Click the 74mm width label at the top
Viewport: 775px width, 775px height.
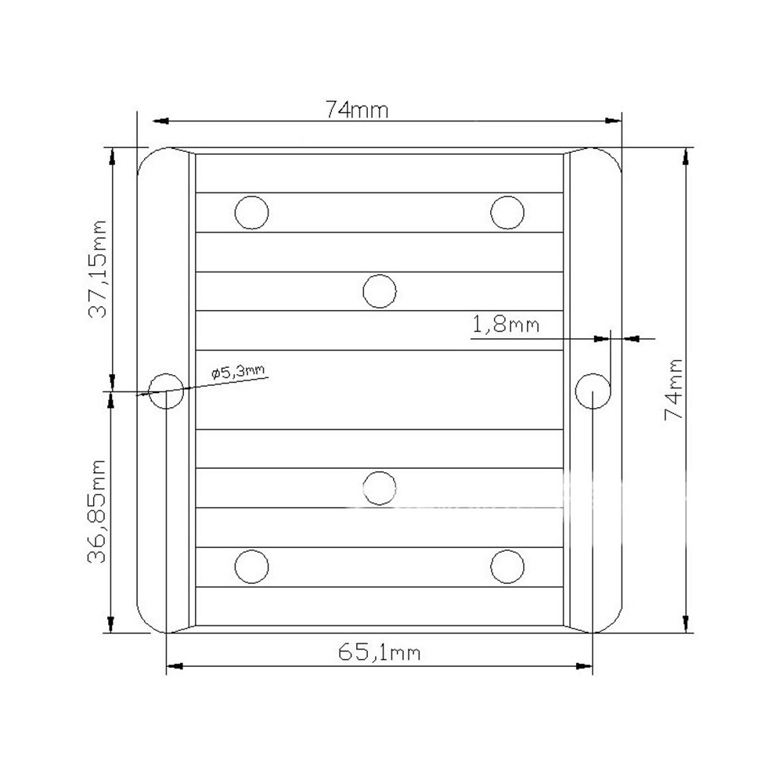tap(356, 110)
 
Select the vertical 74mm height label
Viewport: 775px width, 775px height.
tap(674, 390)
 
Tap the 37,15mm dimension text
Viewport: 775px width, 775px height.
tap(97, 269)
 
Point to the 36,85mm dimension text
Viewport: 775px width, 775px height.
tap(96, 511)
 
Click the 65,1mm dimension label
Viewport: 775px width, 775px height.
tap(379, 652)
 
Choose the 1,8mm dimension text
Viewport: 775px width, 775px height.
tap(506, 325)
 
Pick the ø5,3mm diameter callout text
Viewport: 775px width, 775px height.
tap(238, 371)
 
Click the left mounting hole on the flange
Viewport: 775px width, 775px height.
tap(166, 391)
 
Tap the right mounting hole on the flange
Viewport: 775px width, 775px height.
tap(593, 391)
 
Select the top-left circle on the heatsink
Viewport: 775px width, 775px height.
tap(251, 212)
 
